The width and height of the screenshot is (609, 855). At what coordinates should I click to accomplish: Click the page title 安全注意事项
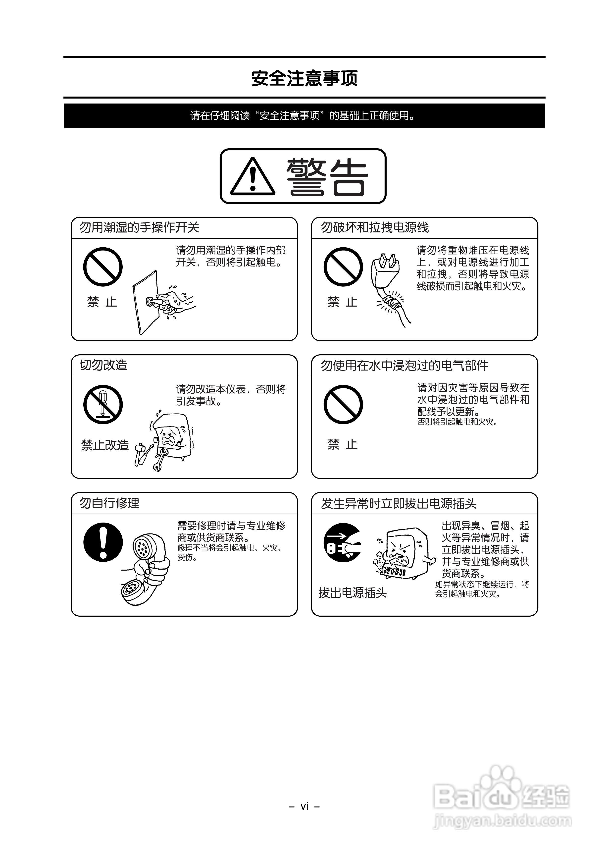click(304, 78)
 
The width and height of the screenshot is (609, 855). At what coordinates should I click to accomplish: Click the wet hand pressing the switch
click(174, 300)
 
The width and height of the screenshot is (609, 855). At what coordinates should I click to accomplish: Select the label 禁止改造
click(105, 445)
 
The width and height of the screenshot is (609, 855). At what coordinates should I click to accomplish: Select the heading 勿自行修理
click(109, 503)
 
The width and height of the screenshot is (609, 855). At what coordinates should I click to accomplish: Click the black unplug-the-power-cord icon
click(342, 543)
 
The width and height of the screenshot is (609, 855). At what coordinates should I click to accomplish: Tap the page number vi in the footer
click(304, 806)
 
